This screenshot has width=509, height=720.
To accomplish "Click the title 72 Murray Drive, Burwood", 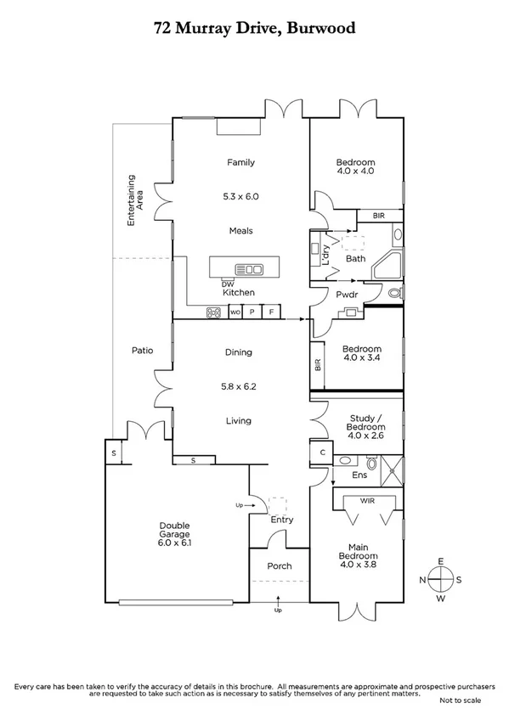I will pos(254,28).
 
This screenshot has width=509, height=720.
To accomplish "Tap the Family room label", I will pos(240,162).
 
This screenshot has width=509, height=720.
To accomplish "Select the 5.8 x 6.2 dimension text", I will pos(239,386).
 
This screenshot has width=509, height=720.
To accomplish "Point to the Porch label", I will pos(279,566).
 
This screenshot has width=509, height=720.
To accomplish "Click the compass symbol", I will pos(441,579).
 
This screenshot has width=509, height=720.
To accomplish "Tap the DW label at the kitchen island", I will pos(227,284).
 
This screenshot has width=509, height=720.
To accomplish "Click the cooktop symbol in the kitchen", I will pos(214,312).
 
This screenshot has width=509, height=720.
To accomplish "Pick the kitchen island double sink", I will pos(250,270).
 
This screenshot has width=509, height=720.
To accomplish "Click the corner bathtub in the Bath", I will pos(386,266).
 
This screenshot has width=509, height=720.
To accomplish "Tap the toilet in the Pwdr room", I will pos(393,294).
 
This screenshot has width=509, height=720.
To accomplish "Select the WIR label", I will pos(370,502).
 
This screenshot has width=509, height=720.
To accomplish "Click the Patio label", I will pos(141,350).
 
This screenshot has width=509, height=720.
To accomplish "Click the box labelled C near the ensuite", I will pos(322,453).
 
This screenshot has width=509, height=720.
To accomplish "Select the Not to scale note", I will pos(460,700).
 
